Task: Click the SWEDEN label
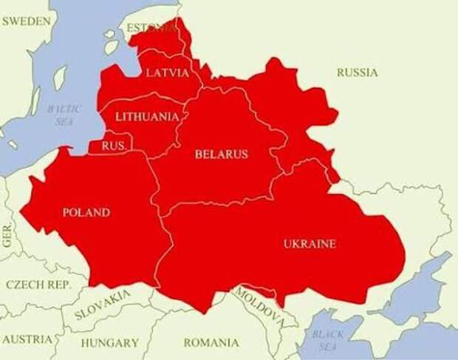pyautogui.click(x=26, y=21)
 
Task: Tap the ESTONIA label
pyautogui.click(x=152, y=28)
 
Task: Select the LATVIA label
pyautogui.click(x=168, y=72)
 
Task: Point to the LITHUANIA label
pyautogui.click(x=146, y=117)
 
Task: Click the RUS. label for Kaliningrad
pyautogui.click(x=113, y=146)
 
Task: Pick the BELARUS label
pyautogui.click(x=221, y=154)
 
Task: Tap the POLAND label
pyautogui.click(x=86, y=213)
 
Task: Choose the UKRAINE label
pyautogui.click(x=310, y=244)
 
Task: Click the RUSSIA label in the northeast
pyautogui.click(x=357, y=72)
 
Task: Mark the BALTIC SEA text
pyautogui.click(x=64, y=115)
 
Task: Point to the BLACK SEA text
pyautogui.click(x=327, y=339)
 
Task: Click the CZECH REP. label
pyautogui.click(x=38, y=284)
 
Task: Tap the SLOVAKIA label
pyautogui.click(x=103, y=304)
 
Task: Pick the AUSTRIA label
pyautogui.click(x=27, y=339)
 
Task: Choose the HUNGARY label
pyautogui.click(x=109, y=343)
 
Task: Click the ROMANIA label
pyautogui.click(x=211, y=343)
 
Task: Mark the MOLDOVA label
pyautogui.click(x=259, y=306)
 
